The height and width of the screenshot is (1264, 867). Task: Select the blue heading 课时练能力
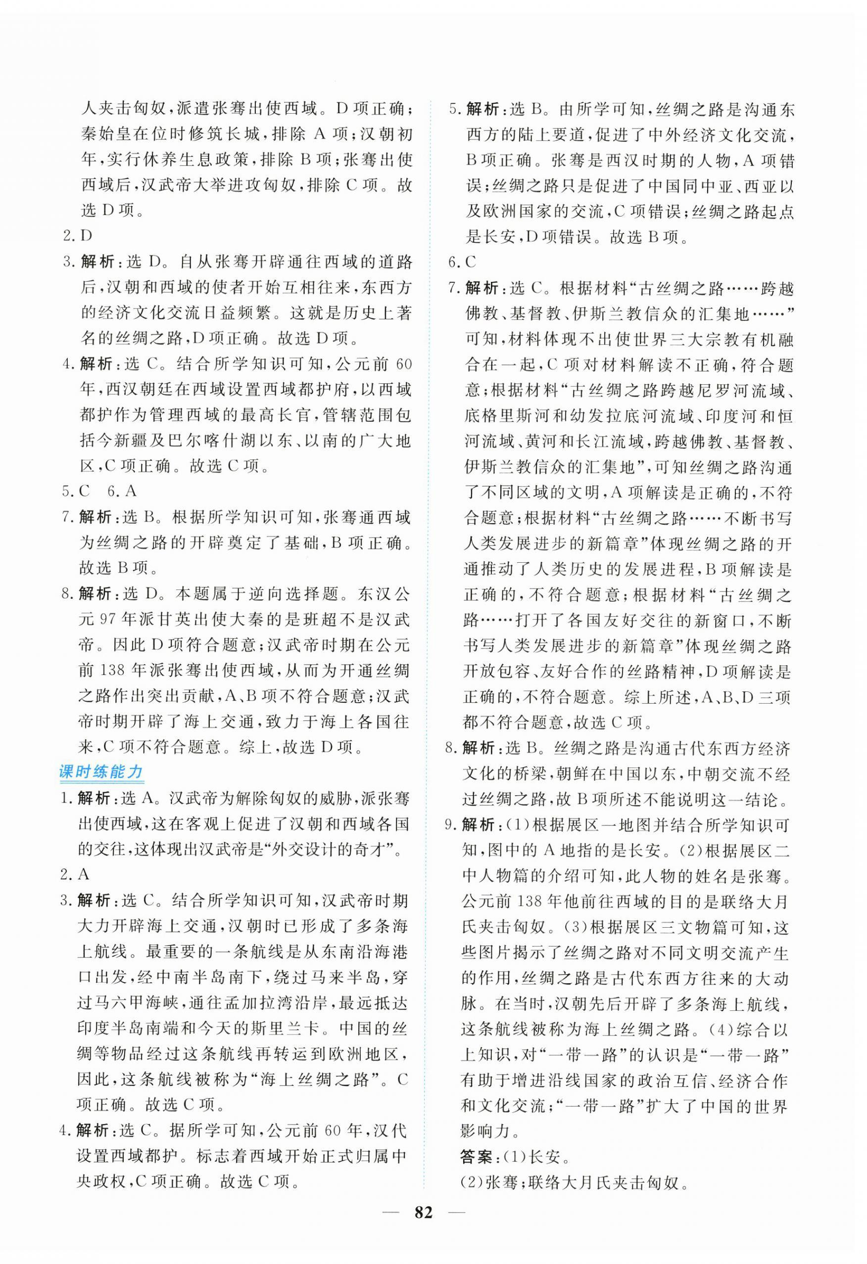(x=100, y=772)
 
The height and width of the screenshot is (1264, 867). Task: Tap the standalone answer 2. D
(x=79, y=236)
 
